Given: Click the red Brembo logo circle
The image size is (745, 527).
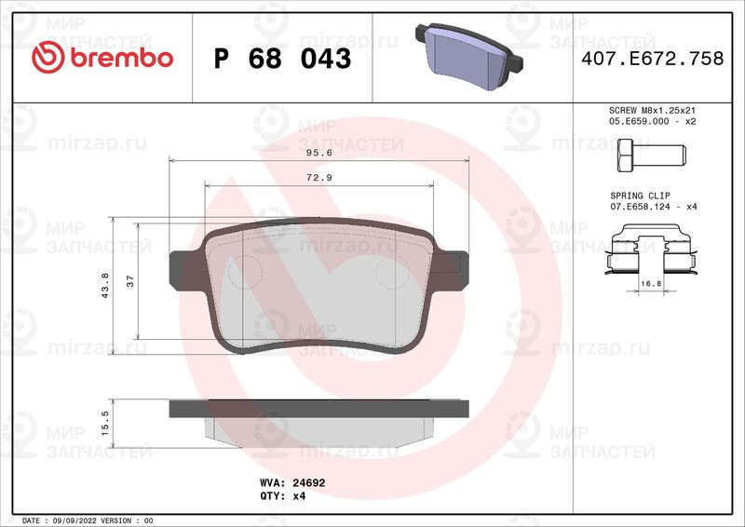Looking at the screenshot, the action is coord(48,58).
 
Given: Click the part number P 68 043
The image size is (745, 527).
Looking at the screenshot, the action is coord(283,59).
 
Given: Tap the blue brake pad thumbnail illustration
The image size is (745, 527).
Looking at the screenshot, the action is coord(468,57).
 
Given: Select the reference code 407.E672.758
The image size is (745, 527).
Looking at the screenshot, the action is coord(653,59).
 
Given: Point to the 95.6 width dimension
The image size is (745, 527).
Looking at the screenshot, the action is coord(319,153).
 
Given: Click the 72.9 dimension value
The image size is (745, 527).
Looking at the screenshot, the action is coord(319,178).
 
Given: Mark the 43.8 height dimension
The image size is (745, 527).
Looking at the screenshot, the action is coord(105,286).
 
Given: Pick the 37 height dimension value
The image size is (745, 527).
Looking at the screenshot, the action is coord(130,281).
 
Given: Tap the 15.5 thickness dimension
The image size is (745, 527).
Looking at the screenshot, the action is coord(105,424).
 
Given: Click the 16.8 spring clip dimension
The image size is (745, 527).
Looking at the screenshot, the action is coord(651,284).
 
